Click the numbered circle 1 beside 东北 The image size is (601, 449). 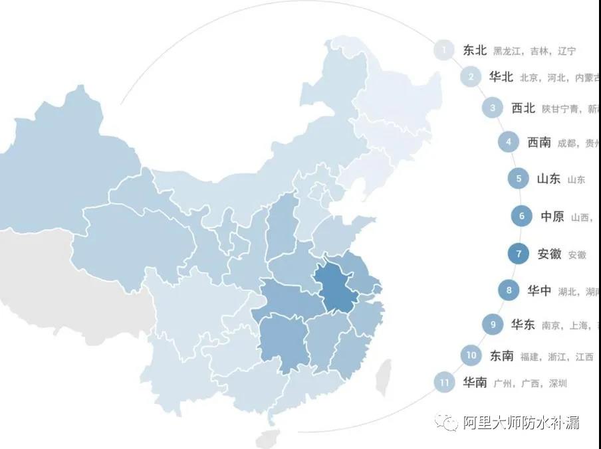click(443, 50)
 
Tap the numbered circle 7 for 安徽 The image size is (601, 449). click(517, 254)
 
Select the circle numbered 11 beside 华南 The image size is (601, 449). click(443, 383)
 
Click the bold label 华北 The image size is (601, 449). click(501, 76)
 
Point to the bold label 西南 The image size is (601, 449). click(539, 142)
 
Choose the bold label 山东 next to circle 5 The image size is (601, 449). click(548, 179)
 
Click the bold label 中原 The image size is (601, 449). click(552, 216)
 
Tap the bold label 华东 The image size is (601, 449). click(523, 325)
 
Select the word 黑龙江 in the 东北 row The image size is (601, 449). click(507, 51)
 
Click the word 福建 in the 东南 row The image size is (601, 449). click(530, 357)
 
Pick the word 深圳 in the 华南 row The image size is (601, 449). click(558, 383)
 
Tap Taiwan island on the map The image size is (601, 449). click(383, 379)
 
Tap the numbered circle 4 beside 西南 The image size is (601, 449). click(509, 141)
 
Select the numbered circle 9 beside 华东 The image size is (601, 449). click(493, 325)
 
